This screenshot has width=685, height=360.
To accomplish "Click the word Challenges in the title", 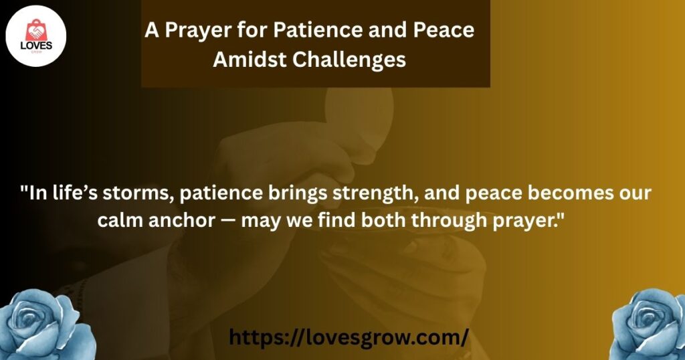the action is coord(349,60).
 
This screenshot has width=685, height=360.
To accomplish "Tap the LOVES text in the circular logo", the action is coord(36,46).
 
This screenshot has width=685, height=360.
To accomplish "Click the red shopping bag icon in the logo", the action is coord(36,30).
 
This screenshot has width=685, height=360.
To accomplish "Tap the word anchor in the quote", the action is coord(182,219).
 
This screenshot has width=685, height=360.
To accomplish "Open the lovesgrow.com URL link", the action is coord(349,337).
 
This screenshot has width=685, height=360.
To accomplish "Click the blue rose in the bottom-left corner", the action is coord(46,325).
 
